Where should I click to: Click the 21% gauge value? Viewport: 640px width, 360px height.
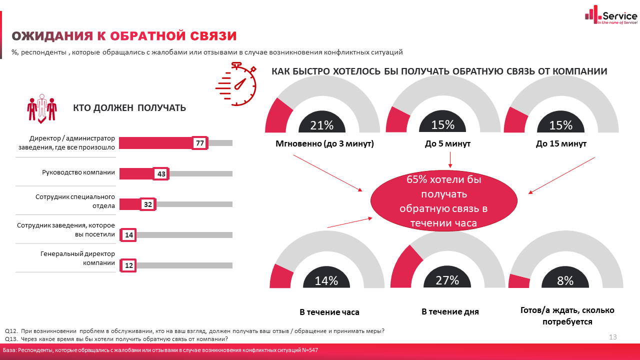(322, 125)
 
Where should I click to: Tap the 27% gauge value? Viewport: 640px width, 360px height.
(447, 280)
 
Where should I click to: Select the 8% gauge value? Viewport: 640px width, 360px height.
(565, 281)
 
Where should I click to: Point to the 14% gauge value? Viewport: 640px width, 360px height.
(326, 281)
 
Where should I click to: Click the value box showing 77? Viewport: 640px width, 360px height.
(200, 143)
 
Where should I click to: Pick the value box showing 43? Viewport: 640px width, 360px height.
(161, 173)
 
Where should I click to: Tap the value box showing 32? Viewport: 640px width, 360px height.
(148, 204)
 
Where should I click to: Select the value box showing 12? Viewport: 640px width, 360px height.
(129, 265)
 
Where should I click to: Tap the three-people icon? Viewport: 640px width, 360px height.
(41, 107)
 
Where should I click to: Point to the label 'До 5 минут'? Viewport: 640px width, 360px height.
(447, 144)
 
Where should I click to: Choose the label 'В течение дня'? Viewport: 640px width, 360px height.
(450, 311)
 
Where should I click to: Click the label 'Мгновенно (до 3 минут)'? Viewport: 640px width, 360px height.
(325, 144)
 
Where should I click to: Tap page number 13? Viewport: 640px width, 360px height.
(613, 337)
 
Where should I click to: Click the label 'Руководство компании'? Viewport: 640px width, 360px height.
(78, 172)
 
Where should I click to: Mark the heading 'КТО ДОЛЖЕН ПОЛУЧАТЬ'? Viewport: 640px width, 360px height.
(129, 107)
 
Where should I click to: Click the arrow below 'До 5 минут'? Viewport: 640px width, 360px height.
(450, 159)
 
